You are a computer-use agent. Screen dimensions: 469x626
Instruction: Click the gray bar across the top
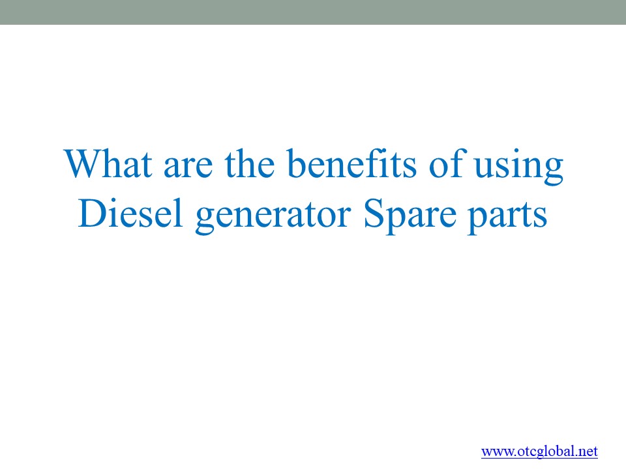tap(313, 12)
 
